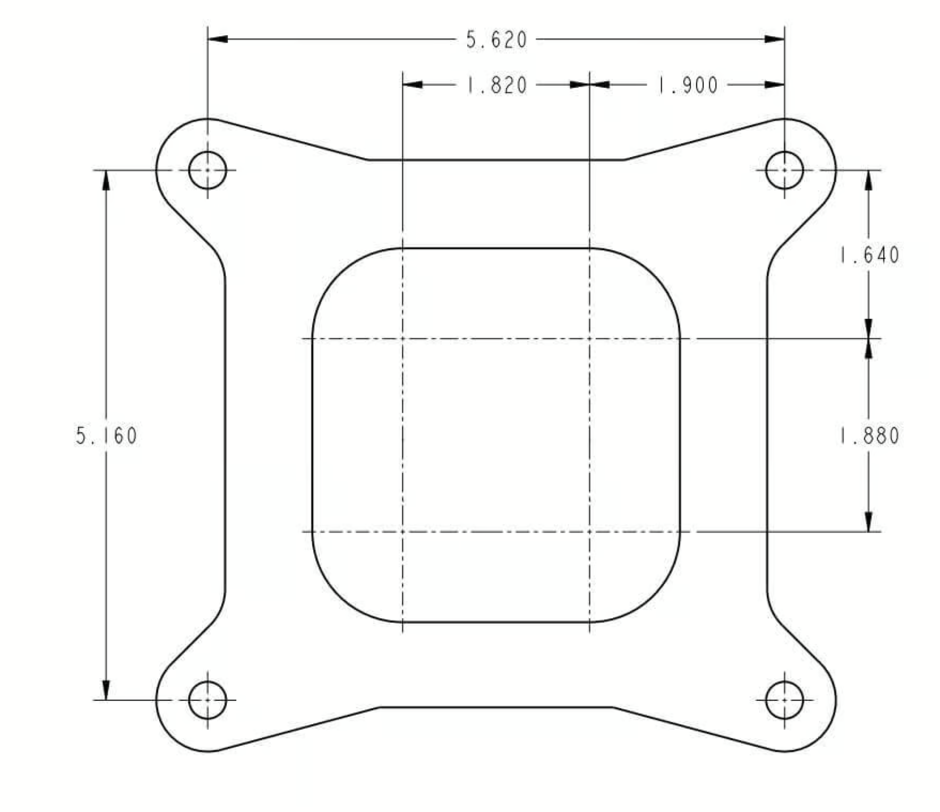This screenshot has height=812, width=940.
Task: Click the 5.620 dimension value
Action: (497, 40)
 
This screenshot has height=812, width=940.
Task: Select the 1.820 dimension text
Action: (497, 85)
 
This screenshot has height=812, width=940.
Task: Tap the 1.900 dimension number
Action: (688, 85)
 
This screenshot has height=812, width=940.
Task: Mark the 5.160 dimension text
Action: (107, 436)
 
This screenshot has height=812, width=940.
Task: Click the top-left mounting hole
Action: (207, 170)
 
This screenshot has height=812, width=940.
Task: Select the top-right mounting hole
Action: (784, 170)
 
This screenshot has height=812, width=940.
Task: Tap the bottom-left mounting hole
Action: (207, 700)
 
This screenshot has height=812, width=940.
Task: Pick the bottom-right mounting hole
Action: (784, 700)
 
